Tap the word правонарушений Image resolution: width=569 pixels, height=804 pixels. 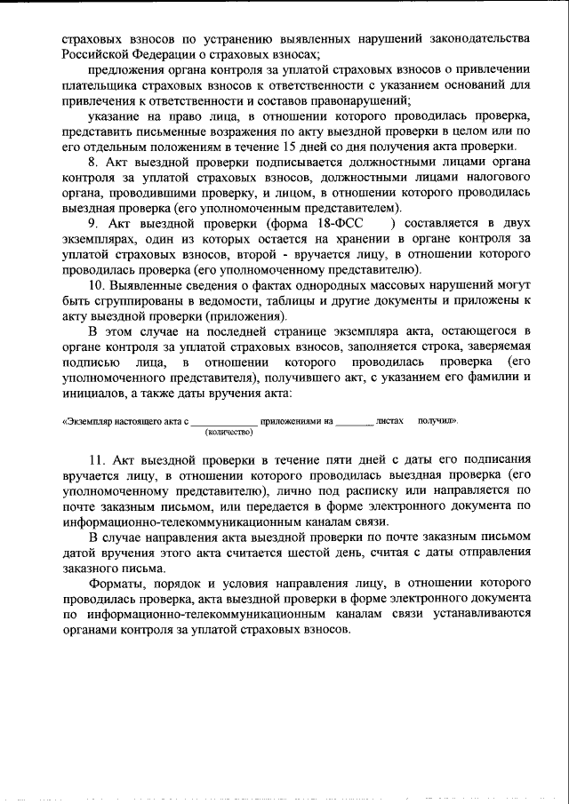click(348, 100)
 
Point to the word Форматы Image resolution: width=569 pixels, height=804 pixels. click(119, 584)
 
